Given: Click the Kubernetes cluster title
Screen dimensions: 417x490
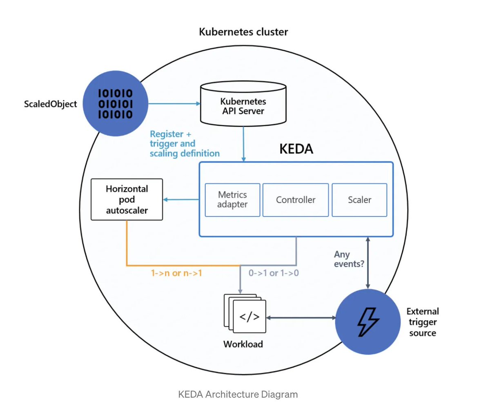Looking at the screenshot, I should click(243, 32).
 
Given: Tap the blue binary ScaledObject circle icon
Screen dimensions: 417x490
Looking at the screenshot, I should click(116, 103).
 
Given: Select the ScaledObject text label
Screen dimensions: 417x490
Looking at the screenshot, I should click(50, 104).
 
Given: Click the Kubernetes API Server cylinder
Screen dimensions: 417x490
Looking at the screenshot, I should click(243, 105).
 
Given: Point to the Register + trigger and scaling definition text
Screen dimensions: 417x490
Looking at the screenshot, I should click(184, 144).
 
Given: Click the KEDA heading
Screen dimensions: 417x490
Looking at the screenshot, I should click(296, 149).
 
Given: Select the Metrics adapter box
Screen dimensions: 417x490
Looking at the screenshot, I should click(232, 200).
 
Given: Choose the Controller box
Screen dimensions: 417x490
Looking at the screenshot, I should click(296, 200).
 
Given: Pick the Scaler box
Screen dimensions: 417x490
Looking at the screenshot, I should click(359, 200).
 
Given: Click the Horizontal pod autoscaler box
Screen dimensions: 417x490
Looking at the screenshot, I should click(127, 199).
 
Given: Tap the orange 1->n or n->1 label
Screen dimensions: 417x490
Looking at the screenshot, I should click(176, 273).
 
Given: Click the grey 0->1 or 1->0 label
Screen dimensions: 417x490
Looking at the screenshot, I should click(274, 273).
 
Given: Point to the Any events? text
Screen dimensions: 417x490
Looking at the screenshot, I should click(349, 259).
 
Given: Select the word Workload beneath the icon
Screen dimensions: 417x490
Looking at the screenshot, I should click(243, 344).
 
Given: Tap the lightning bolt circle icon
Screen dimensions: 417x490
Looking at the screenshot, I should click(368, 321).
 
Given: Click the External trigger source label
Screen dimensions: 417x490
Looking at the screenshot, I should click(423, 322).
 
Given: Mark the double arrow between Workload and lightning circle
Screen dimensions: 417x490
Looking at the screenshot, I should click(301, 317).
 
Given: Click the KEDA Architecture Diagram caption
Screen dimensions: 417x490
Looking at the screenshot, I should click(238, 395).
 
